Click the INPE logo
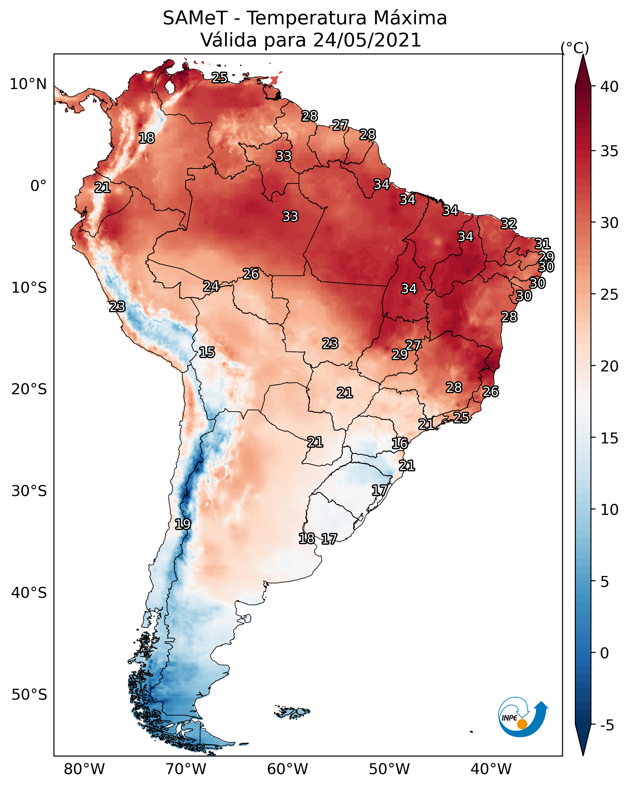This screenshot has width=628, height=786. [523, 718]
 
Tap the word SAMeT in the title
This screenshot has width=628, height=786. [195, 18]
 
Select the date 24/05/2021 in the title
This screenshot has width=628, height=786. [367, 40]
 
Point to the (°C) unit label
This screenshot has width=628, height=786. [575, 48]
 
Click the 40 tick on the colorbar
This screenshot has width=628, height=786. [609, 87]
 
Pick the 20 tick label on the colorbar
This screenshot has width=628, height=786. [609, 366]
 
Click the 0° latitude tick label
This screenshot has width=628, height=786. [39, 186]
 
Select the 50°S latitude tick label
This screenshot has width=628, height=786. [29, 695]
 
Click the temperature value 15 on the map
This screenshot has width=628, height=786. [207, 352]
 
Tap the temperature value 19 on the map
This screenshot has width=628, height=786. [183, 524]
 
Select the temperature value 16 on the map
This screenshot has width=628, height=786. [400, 443]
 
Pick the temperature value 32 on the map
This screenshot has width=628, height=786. [509, 223]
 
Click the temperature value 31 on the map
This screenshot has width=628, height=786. [542, 243]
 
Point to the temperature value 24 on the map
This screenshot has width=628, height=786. [211, 286]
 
